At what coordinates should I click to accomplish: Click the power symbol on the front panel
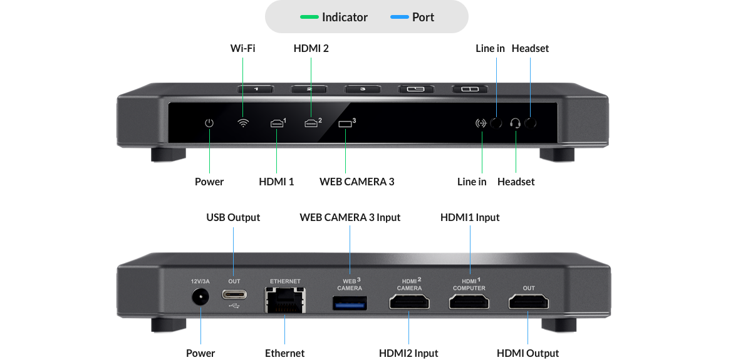[209, 123]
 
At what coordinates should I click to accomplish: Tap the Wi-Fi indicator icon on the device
[243, 123]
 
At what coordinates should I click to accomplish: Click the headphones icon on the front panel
[516, 123]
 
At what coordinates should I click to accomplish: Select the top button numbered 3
[363, 90]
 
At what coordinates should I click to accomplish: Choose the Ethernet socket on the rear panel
[285, 301]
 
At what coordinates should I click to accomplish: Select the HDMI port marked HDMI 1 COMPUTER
[469, 304]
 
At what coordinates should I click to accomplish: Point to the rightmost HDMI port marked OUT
[528, 304]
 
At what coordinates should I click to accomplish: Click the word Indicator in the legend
[345, 17]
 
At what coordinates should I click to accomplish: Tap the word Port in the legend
[423, 17]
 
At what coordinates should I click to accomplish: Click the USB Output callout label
[233, 217]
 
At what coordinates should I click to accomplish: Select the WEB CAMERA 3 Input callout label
[350, 217]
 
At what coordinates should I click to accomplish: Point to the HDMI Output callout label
[528, 354]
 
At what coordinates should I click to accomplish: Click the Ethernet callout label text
[284, 354]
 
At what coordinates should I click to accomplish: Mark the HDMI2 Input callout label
[408, 354]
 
